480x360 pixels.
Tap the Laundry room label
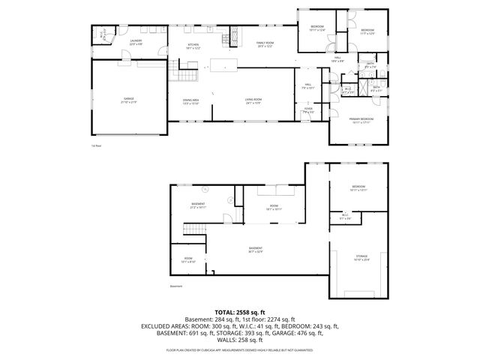point(136,42)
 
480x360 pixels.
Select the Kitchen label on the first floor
point(193,45)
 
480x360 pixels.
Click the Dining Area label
point(190,100)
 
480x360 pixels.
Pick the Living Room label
point(252,100)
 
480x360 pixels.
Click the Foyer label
point(308,109)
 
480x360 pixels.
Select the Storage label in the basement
point(362,258)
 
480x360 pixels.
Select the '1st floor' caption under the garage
point(95,146)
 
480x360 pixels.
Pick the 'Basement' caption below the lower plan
point(176,286)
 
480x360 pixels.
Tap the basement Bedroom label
point(358,187)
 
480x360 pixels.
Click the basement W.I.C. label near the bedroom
point(345,217)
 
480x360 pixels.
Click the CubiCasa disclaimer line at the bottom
point(240,349)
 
